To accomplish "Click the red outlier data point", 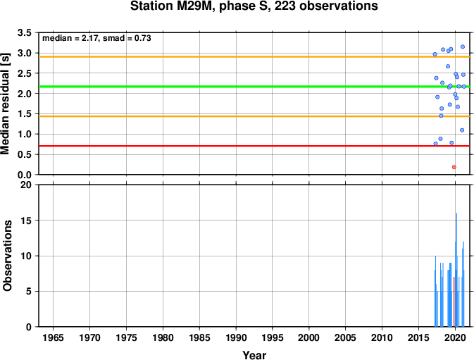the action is [454, 167].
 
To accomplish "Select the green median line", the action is [254, 87].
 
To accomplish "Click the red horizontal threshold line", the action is [254, 146].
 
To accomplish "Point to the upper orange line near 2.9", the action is [254, 57].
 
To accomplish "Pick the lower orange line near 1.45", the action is [254, 116].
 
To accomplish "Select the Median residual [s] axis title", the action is [5, 104].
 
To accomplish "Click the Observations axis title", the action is [7, 256].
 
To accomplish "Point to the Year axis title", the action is [254, 355].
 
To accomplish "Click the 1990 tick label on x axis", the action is [236, 337].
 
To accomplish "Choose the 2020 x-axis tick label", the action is [455, 337].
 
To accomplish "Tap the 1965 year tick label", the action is [54, 337].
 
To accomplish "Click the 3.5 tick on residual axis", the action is [25, 32].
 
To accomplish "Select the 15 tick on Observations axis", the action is [26, 221].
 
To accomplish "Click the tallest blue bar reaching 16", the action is [456, 270].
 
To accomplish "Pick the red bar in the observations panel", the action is [454, 302].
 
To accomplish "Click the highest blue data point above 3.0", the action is [463, 47].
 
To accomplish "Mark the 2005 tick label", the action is [345, 337].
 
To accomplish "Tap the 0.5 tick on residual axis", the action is [25, 154].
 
